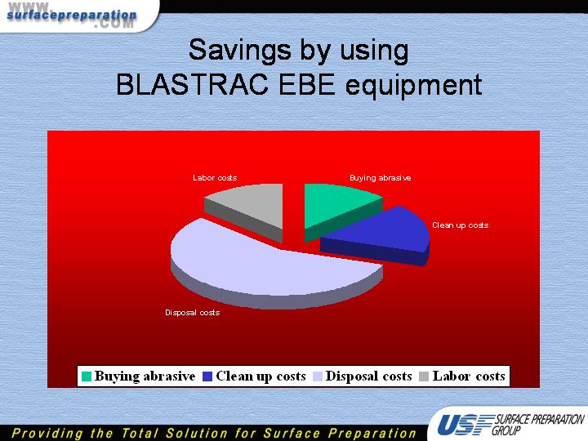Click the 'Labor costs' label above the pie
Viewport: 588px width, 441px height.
(x=215, y=178)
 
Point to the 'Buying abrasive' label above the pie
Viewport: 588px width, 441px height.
(x=381, y=178)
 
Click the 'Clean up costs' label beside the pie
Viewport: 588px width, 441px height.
(x=460, y=225)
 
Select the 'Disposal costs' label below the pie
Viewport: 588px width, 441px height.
(x=193, y=312)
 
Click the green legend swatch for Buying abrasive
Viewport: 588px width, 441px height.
(x=87, y=376)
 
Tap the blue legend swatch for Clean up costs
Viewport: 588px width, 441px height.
(x=207, y=376)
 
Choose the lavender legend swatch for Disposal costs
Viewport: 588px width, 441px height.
(x=318, y=376)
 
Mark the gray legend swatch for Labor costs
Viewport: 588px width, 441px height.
(x=424, y=376)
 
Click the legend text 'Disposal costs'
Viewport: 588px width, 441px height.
(x=368, y=376)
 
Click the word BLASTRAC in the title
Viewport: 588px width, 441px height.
(x=192, y=84)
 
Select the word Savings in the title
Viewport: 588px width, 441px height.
(x=240, y=50)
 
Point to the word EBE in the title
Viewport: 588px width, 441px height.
(x=307, y=84)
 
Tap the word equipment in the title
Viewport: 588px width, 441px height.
(x=413, y=87)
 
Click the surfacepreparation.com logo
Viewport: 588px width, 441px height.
(x=72, y=16)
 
